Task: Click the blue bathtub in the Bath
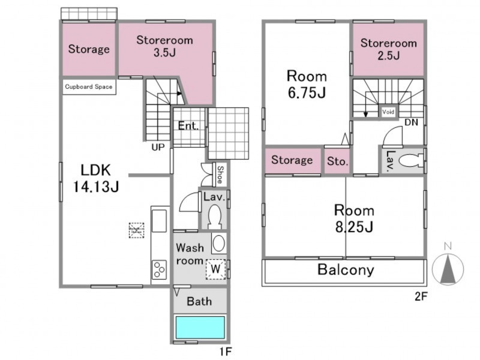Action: [x=200, y=327]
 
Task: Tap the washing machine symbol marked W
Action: [x=215, y=269]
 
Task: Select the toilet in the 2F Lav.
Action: [x=410, y=161]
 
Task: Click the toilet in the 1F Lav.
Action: [x=215, y=217]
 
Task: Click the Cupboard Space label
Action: [x=88, y=86]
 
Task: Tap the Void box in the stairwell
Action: [x=388, y=112]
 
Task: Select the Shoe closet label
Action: [x=220, y=175]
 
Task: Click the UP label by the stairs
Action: [x=158, y=147]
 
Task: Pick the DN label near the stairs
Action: [x=411, y=122]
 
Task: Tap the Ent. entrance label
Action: [x=188, y=125]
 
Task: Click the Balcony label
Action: [x=346, y=269]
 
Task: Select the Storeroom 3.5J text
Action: [x=164, y=46]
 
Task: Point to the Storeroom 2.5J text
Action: [x=388, y=49]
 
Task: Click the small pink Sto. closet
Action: [x=337, y=161]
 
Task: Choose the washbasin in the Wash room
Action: [x=219, y=244]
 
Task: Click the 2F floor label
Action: [x=421, y=296]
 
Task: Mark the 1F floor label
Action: [x=226, y=352]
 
